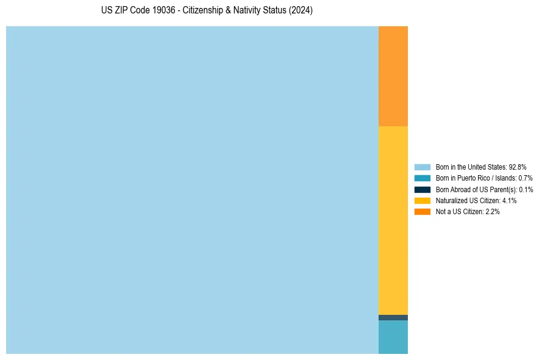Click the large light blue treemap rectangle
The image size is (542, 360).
[192, 190]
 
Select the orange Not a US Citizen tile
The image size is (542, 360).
[393, 76]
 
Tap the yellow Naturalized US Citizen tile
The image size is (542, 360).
[393, 220]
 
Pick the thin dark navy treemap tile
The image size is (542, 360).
[393, 317]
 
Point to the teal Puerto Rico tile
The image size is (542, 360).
[393, 337]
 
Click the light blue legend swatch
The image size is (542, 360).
[423, 167]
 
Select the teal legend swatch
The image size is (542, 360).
[423, 178]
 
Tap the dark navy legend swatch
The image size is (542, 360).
[423, 189]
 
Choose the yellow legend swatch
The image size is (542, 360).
[423, 200]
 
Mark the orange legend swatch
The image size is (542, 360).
[423, 212]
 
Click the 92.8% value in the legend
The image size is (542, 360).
[518, 167]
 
